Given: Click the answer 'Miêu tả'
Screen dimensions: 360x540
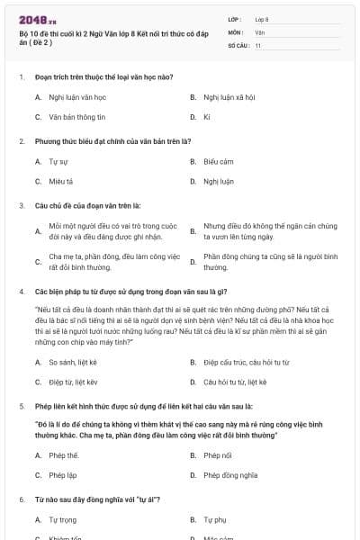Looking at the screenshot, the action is (x=61, y=181).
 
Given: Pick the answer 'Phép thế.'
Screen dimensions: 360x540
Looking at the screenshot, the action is (x=64, y=455).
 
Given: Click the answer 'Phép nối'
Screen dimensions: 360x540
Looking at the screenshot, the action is (x=217, y=455).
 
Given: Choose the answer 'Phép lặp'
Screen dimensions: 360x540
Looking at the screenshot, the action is (x=63, y=475).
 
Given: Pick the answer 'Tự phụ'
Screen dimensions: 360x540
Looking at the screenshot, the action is (x=214, y=520).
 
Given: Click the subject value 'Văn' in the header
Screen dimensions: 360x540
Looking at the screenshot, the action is (x=260, y=31).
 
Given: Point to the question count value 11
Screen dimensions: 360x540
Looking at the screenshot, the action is (x=258, y=45).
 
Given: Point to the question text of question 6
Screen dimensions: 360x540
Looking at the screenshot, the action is (x=98, y=499).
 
